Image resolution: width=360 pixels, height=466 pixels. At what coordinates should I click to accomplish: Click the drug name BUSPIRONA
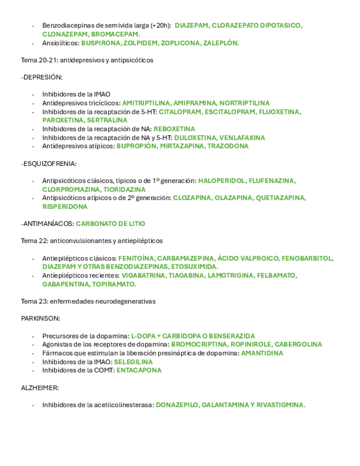(99, 43)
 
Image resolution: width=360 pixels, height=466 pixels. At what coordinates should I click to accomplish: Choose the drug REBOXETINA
(174, 129)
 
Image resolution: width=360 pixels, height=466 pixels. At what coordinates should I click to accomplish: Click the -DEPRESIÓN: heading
(42, 77)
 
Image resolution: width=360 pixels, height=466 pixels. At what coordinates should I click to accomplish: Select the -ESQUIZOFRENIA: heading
(48, 164)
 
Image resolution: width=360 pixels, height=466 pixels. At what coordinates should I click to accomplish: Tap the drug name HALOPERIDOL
(221, 181)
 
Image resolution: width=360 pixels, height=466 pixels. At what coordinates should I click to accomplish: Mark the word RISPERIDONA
(65, 207)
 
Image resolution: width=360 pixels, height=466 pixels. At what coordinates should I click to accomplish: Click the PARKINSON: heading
(41, 319)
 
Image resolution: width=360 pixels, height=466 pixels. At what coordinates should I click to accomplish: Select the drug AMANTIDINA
(262, 353)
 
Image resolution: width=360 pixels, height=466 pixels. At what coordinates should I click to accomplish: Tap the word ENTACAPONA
(139, 370)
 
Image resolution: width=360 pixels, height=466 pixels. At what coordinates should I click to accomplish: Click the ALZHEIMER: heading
(40, 387)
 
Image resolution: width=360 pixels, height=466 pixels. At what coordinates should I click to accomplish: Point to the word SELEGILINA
(134, 362)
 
